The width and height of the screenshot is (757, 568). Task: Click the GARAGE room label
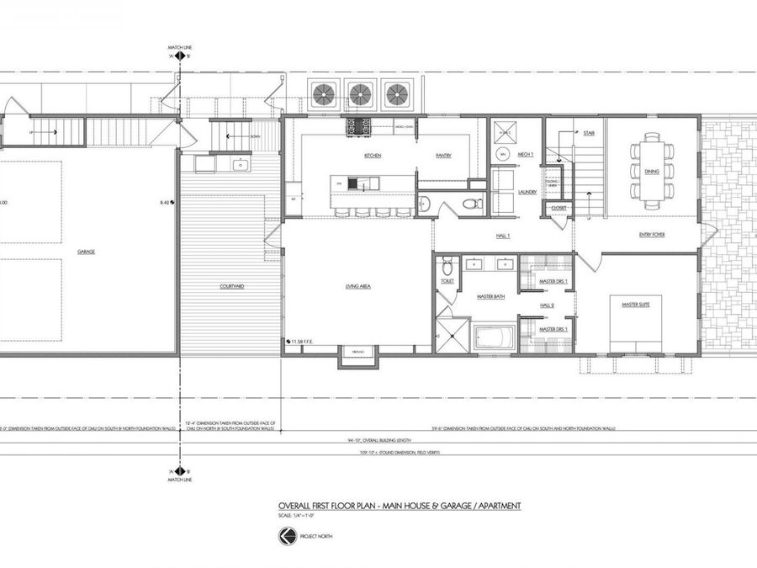pyautogui.click(x=87, y=251)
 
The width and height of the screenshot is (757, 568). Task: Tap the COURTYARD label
pyautogui.click(x=231, y=287)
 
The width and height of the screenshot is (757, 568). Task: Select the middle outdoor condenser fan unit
pyautogui.click(x=360, y=93)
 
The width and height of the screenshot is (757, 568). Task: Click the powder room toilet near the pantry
pyautogui.click(x=474, y=204)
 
